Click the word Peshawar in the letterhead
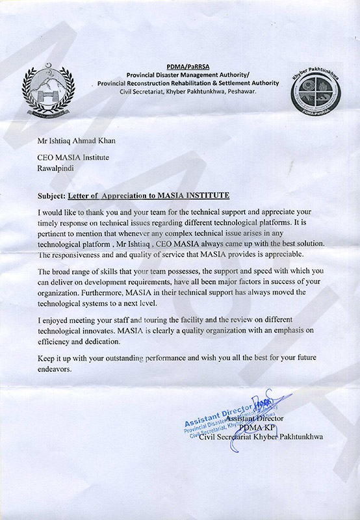(240, 92)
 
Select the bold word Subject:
(51, 196)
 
